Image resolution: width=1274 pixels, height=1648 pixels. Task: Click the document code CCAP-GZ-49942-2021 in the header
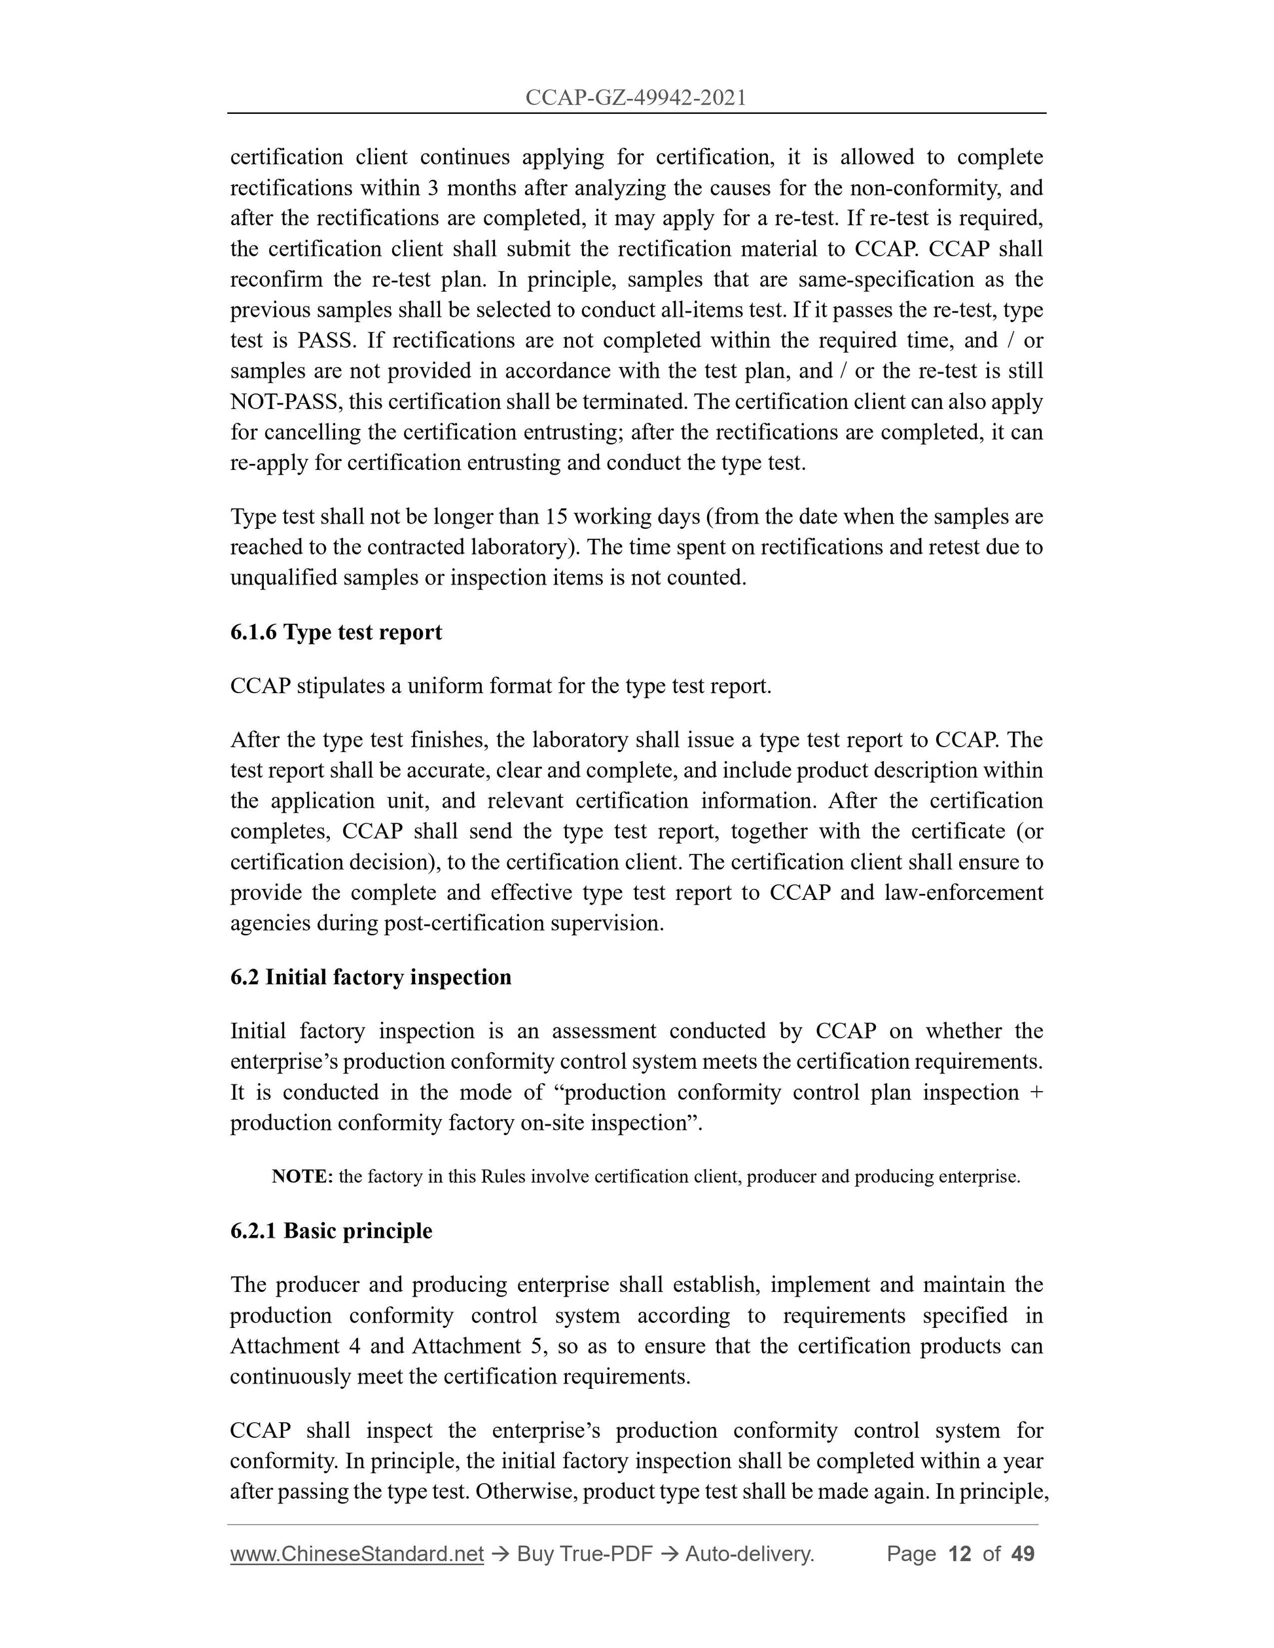(x=636, y=98)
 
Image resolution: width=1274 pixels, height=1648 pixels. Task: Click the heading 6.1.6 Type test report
(x=336, y=632)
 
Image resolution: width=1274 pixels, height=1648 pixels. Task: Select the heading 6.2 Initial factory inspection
(x=371, y=977)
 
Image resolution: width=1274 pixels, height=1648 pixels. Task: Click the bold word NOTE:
(x=302, y=1176)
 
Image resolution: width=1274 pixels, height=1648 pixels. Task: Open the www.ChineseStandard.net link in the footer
(x=356, y=1554)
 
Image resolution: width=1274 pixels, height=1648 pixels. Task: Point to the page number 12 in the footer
(x=958, y=1554)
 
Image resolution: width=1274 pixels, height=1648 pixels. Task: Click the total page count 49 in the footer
(x=1023, y=1554)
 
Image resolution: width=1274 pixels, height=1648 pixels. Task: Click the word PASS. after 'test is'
(x=326, y=340)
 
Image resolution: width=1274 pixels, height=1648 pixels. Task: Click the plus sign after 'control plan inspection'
(x=1036, y=1092)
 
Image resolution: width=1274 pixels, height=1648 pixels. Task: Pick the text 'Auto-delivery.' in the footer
(x=750, y=1554)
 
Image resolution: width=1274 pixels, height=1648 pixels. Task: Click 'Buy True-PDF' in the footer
(x=584, y=1554)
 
